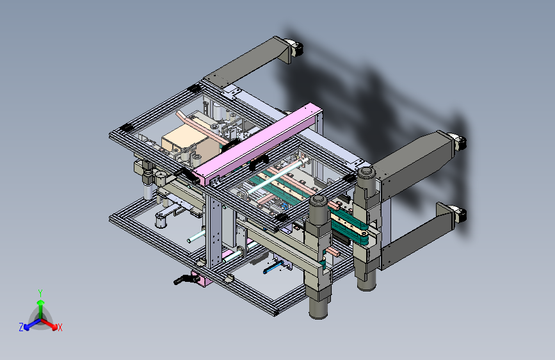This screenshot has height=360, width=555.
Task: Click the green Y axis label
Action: pyautogui.click(x=40, y=293)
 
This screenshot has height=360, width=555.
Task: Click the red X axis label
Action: pyautogui.click(x=60, y=328)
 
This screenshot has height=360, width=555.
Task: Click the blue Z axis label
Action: pyautogui.click(x=21, y=327)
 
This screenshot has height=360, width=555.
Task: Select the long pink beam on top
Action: pyautogui.click(x=257, y=144)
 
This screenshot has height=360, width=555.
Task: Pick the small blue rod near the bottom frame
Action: pyautogui.click(x=273, y=268)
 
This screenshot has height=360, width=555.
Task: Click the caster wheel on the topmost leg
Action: pyautogui.click(x=296, y=48)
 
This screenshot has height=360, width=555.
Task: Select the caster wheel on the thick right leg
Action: pyautogui.click(x=459, y=142)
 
